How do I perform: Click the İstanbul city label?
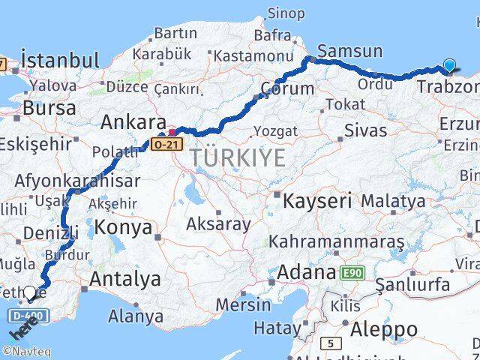[x=60, y=60]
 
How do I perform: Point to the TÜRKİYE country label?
[x=237, y=158]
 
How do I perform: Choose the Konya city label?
[x=123, y=227]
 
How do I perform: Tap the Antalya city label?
[x=124, y=279]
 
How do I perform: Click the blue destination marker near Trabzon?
[x=449, y=66]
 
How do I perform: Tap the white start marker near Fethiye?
[x=29, y=292]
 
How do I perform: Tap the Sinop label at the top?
[x=286, y=13]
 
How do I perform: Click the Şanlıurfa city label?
[x=412, y=284]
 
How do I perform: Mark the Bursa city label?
[x=49, y=107]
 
